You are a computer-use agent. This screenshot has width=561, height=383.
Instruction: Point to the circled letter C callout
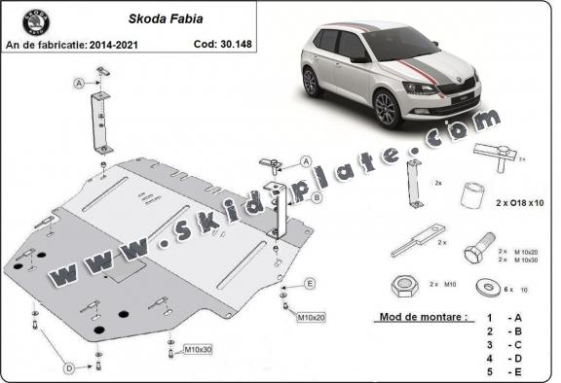(x=305, y=161)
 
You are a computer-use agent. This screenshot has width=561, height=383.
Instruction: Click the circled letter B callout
(x=318, y=197)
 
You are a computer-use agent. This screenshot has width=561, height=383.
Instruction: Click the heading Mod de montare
(x=421, y=318)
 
